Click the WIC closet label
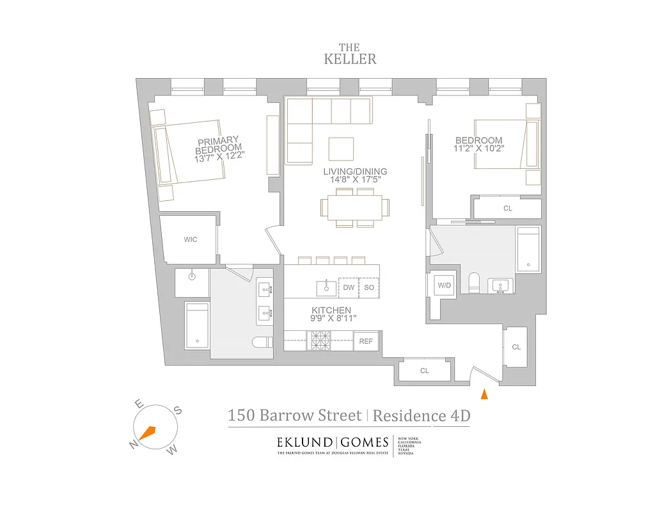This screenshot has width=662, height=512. pos(190,240)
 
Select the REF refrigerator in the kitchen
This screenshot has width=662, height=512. pos(365,341)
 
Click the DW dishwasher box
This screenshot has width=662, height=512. pos(348,288)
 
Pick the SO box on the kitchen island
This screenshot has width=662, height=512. pos(369,288)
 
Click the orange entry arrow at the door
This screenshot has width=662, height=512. pos(484,394)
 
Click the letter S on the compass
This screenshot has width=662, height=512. pos(178,411)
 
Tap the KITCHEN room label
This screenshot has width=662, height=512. pos(331,310)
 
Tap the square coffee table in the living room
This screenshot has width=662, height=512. pos(340,149)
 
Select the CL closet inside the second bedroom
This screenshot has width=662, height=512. pos(508,208)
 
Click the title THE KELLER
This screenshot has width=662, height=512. pos(349,54)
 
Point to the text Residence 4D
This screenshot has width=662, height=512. pos(421,416)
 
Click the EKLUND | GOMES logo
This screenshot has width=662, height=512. pos(332,442)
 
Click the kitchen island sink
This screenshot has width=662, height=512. pos(326,287)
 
